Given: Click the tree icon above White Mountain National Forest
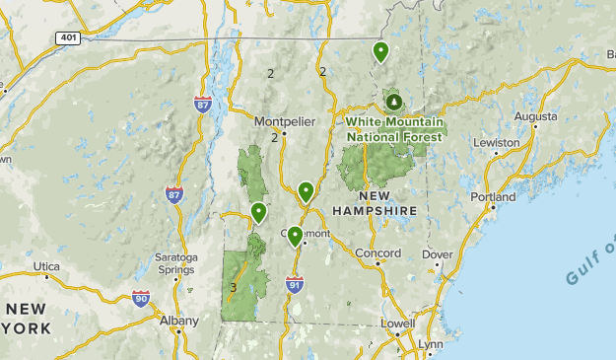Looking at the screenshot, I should [x=394, y=102].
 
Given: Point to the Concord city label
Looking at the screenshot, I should [x=377, y=253].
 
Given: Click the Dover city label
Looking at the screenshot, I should [x=437, y=254].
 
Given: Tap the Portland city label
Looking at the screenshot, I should [x=493, y=197].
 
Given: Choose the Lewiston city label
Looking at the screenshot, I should [x=496, y=143].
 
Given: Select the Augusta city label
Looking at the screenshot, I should [x=535, y=116].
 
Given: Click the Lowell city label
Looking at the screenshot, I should [x=399, y=323].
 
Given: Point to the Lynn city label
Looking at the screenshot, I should [x=431, y=343].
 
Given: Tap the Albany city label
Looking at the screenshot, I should [x=178, y=321].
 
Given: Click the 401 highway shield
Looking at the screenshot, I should [x=66, y=37].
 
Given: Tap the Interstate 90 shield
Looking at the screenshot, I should [x=141, y=298].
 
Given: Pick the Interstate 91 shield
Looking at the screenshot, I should [x=294, y=284].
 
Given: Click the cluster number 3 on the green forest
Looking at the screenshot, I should [x=233, y=288].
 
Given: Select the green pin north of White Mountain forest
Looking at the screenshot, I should [x=380, y=51].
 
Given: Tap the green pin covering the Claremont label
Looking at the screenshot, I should [x=295, y=236].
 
